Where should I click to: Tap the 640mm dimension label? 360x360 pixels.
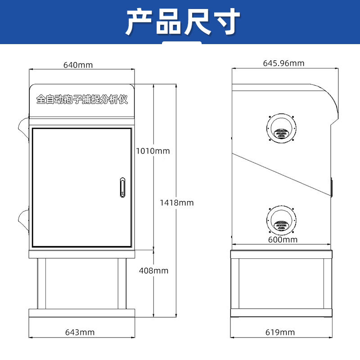pyautogui.click(x=78, y=65)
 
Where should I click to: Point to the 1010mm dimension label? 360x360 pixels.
pyautogui.click(x=153, y=151)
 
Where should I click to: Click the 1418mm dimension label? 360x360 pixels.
pyautogui.click(x=177, y=202)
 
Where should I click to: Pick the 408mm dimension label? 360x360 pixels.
pyautogui.click(x=153, y=270)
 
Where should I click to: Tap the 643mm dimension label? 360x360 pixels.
pyautogui.click(x=80, y=333)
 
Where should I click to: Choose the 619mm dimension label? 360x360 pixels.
pyautogui.click(x=280, y=333)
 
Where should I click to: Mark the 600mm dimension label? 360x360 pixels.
pyautogui.click(x=283, y=240)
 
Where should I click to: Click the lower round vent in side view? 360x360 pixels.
pyautogui.click(x=281, y=219)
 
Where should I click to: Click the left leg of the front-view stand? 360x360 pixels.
pyautogui.click(x=41, y=283)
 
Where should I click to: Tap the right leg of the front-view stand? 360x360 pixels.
pyautogui.click(x=122, y=283)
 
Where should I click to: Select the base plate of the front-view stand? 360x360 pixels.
pyautogui.click(x=82, y=313)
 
